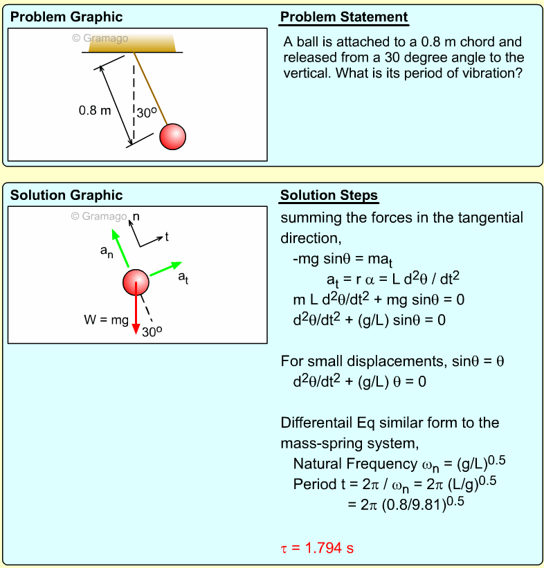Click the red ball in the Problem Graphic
click(x=172, y=136)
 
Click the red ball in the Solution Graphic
click(x=136, y=282)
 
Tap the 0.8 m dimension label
click(x=95, y=109)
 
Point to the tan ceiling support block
click(x=132, y=42)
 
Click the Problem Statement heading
click(x=344, y=17)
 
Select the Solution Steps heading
click(x=329, y=196)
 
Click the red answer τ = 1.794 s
click(x=317, y=549)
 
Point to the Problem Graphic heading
click(x=66, y=17)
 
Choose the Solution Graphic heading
click(x=66, y=196)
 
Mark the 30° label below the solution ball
click(x=152, y=331)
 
